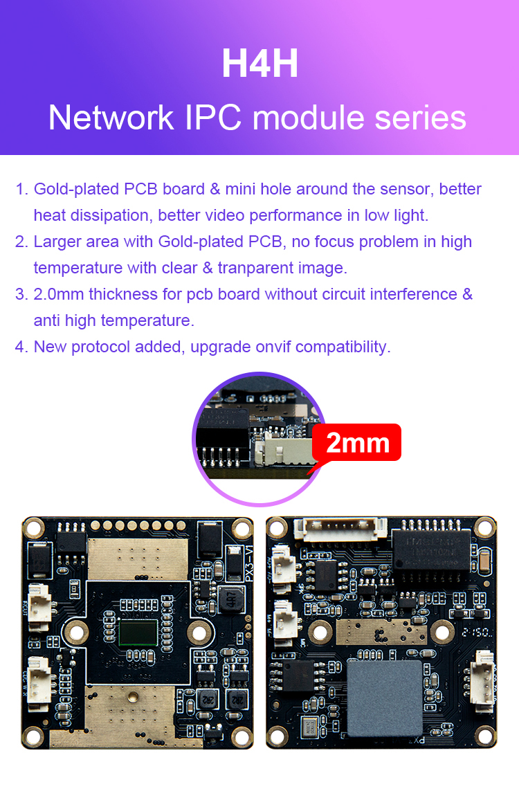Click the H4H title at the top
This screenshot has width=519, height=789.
click(x=259, y=63)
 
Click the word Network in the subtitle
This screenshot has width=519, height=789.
click(x=111, y=118)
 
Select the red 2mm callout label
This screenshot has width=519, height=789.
click(x=356, y=442)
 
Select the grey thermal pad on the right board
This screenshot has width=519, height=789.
click(x=384, y=697)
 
